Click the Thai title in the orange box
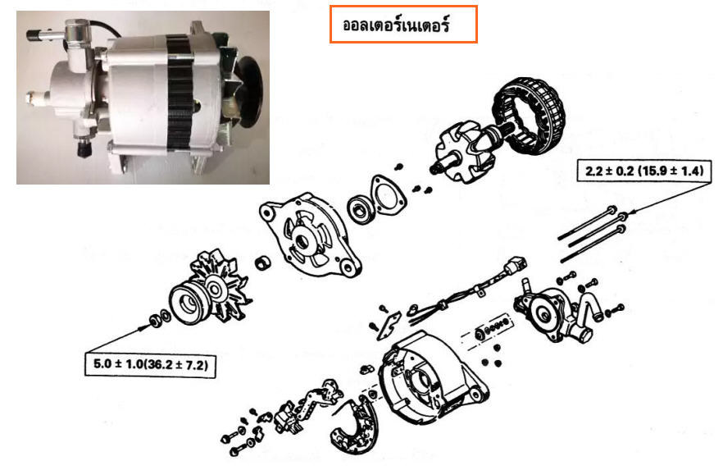point(396,25)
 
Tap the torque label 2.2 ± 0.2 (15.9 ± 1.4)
point(644,171)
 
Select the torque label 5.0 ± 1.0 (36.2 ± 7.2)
point(150,364)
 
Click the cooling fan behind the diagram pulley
point(221,286)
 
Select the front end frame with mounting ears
point(310,235)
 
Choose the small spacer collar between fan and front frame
point(263,263)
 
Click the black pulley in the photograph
point(250,92)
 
